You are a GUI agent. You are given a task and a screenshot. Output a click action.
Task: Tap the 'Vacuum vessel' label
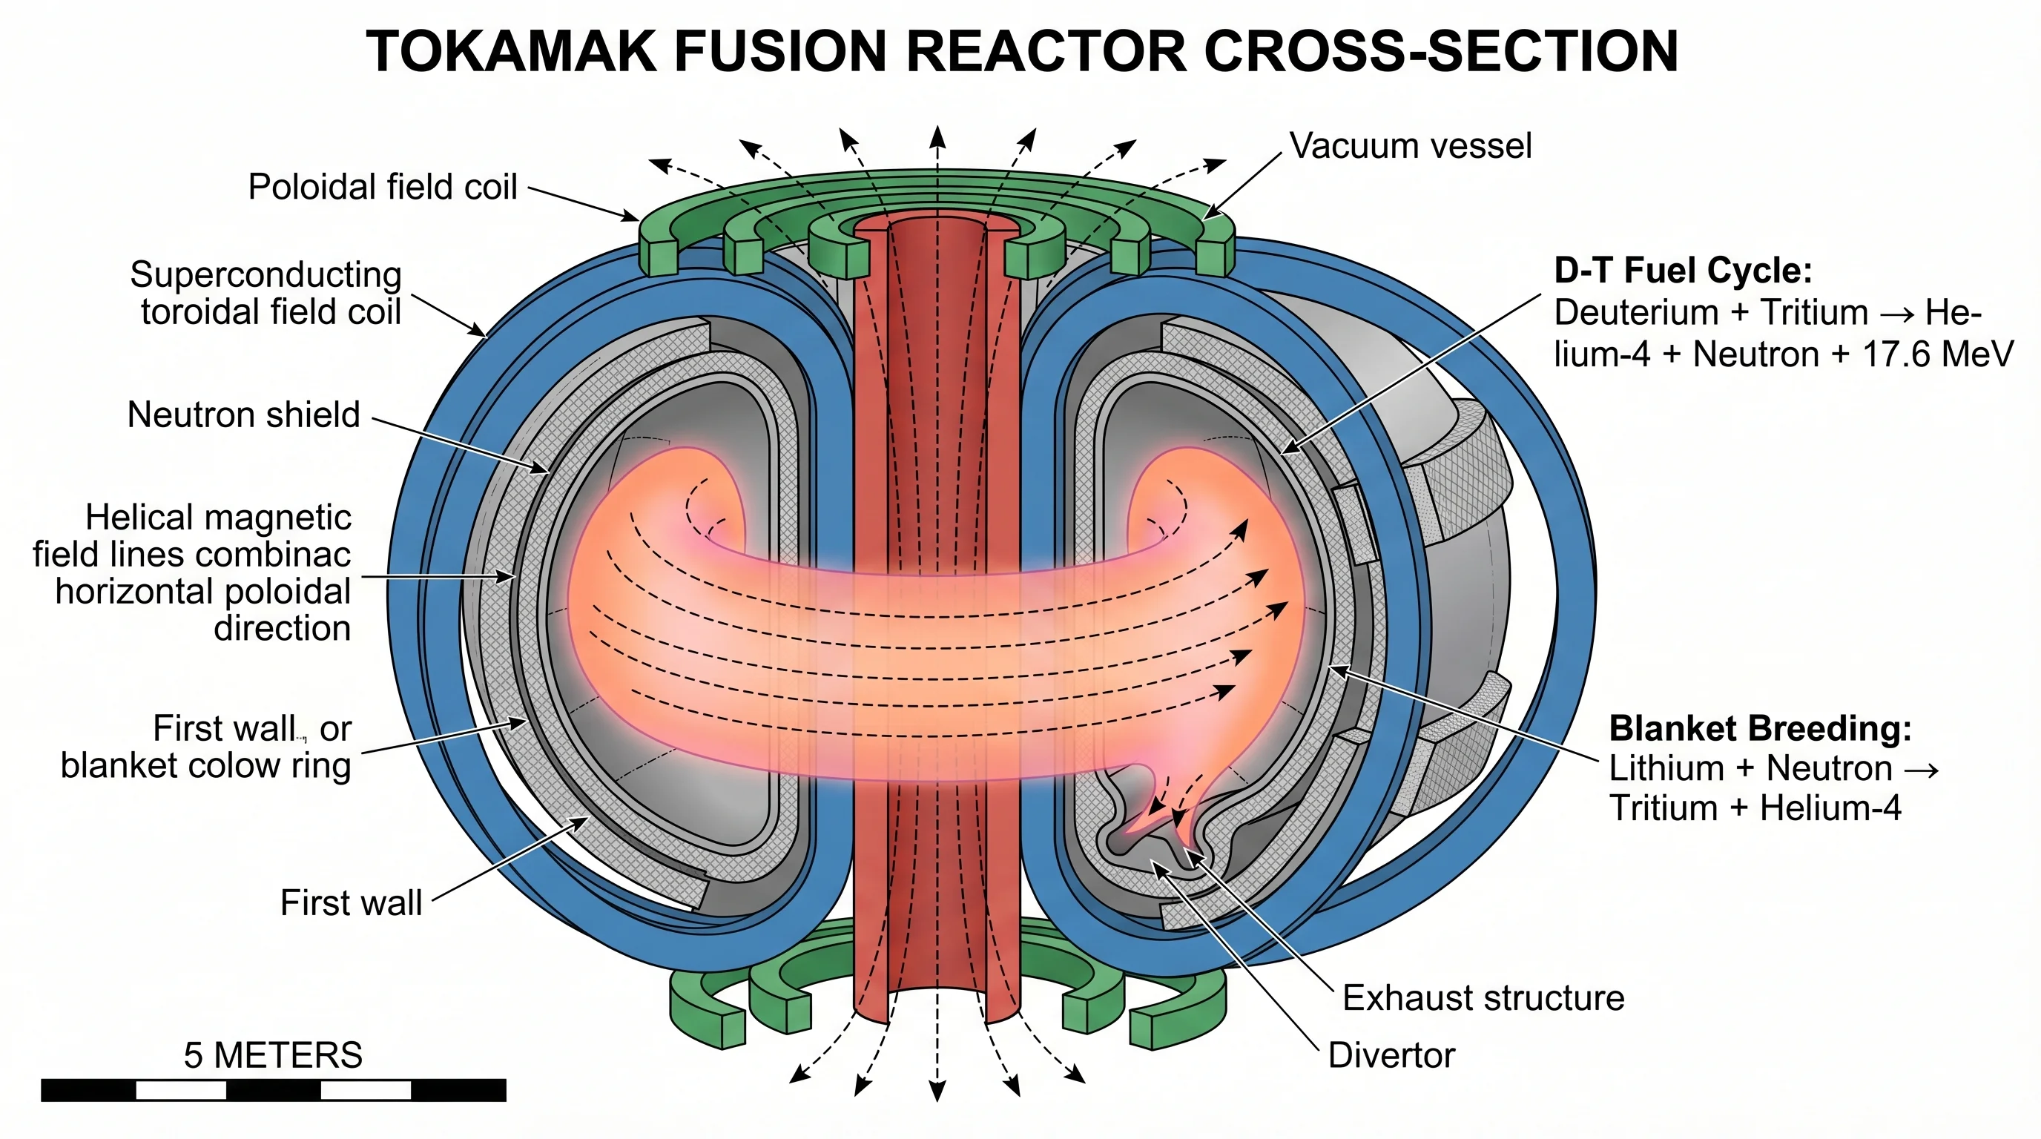pyautogui.click(x=1411, y=146)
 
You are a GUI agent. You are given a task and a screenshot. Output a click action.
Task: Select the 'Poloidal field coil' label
pyautogui.click(x=383, y=187)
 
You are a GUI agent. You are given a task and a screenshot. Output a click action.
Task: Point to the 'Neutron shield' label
pyautogui.click(x=244, y=415)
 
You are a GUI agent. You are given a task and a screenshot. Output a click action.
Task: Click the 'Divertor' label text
pyautogui.click(x=1391, y=1055)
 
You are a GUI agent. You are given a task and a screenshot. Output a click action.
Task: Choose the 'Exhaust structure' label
pyautogui.click(x=1483, y=998)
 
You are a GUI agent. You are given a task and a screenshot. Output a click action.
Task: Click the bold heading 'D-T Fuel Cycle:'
pyautogui.click(x=1683, y=271)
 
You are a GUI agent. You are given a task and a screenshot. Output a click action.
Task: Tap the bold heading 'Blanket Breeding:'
pyautogui.click(x=1760, y=728)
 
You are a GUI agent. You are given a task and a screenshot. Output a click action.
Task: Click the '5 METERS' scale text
pyautogui.click(x=273, y=1055)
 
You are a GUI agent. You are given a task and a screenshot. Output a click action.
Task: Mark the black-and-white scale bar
pyautogui.click(x=274, y=1090)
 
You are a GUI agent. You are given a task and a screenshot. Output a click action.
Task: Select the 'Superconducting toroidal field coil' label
pyautogui.click(x=266, y=293)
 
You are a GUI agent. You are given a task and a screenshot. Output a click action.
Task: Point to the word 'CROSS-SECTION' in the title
pyautogui.click(x=1440, y=51)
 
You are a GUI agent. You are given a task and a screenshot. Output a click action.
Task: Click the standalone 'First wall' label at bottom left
pyautogui.click(x=351, y=903)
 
